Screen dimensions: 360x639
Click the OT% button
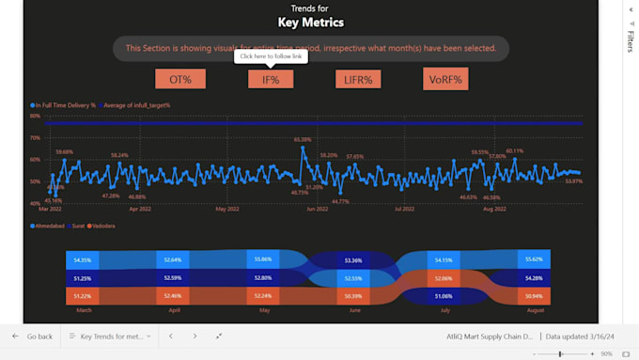[180, 80]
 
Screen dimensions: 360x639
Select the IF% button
[271, 80]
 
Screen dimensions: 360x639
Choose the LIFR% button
[358, 80]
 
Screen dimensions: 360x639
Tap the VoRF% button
[445, 80]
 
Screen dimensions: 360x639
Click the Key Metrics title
[311, 23]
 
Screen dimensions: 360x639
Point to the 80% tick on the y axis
[35, 117]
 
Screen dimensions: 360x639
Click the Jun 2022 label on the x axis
[317, 210]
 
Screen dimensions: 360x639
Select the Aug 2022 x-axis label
[494, 210]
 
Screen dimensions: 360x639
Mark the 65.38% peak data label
[302, 140]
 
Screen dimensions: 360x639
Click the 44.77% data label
[340, 201]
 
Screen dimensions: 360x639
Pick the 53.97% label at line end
[573, 180]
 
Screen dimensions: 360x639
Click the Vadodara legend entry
[101, 226]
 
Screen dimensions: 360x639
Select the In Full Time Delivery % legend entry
[65, 105]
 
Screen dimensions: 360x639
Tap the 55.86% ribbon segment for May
[265, 259]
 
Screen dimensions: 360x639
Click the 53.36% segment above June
[354, 260]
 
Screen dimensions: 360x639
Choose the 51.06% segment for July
[444, 296]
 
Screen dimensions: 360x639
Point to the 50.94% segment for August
[535, 296]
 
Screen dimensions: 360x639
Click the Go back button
[32, 336]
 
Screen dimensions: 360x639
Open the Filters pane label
[631, 41]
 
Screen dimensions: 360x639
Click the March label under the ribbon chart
[84, 309]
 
